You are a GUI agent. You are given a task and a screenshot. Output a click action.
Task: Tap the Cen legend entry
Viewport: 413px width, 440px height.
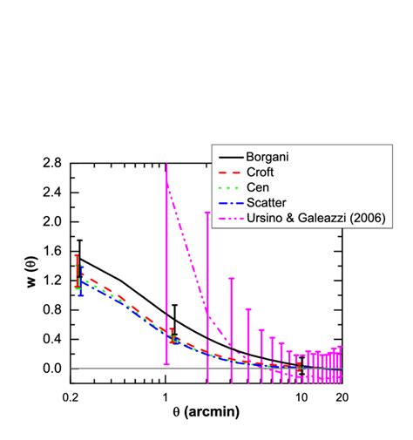coord(260,186)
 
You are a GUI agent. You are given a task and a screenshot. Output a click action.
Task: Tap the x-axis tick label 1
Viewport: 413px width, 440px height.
coord(166,395)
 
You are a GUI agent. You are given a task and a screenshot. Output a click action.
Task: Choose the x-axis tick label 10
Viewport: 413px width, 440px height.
coord(301,395)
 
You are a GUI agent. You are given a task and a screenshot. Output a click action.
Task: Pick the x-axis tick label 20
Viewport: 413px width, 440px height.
coord(342,395)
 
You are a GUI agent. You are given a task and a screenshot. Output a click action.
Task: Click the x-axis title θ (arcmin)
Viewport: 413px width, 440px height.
coord(206,412)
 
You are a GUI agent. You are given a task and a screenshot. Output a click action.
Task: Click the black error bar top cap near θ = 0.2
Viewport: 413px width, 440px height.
coord(80,240)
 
